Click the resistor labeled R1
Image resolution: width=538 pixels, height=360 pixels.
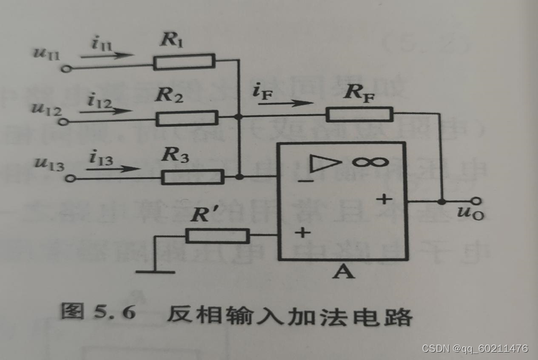pyautogui.click(x=184, y=61)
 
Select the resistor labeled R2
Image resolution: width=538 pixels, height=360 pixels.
pyautogui.click(x=186, y=117)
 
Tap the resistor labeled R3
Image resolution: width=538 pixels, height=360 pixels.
pyautogui.click(x=192, y=177)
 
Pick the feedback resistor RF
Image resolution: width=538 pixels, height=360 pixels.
pyautogui.click(x=359, y=114)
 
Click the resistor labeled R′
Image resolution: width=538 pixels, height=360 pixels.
pyautogui.click(x=217, y=235)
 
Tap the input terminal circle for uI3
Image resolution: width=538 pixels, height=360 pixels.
pyautogui.click(x=71, y=179)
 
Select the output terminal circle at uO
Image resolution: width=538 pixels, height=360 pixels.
pyautogui.click(x=478, y=201)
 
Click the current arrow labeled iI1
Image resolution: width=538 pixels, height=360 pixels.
pyautogui.click(x=107, y=55)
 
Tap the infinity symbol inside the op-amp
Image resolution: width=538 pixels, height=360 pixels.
pyautogui.click(x=367, y=163)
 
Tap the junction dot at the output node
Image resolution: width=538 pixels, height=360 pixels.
pyautogui.click(x=442, y=201)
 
